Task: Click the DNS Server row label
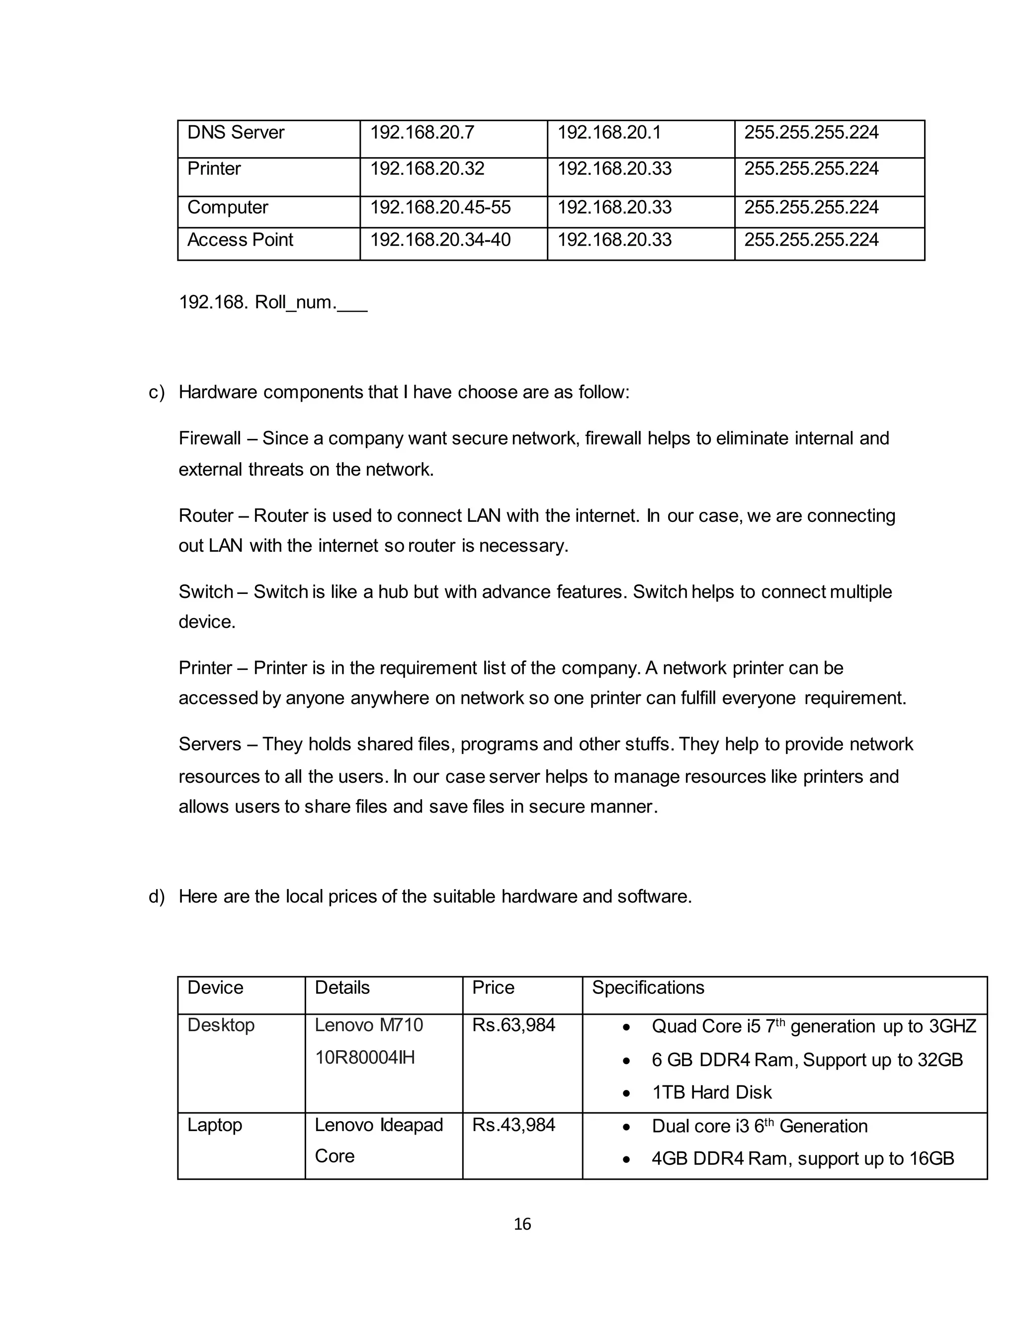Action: click(x=236, y=133)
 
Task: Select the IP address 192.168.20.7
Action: click(x=422, y=133)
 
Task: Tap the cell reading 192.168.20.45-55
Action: click(x=440, y=207)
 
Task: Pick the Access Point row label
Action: click(x=240, y=240)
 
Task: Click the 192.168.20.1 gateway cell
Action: click(x=609, y=133)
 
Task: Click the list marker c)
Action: click(x=157, y=393)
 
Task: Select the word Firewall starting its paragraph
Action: click(x=209, y=438)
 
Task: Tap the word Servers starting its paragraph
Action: click(x=209, y=744)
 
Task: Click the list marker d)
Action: click(x=157, y=897)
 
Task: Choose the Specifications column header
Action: click(x=648, y=988)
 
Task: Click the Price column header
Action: click(x=493, y=988)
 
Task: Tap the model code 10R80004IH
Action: click(x=365, y=1058)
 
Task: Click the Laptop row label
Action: click(x=215, y=1125)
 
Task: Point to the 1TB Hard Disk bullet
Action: click(x=712, y=1093)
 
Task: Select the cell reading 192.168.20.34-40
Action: click(x=440, y=240)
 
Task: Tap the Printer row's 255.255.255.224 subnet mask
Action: click(x=811, y=169)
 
